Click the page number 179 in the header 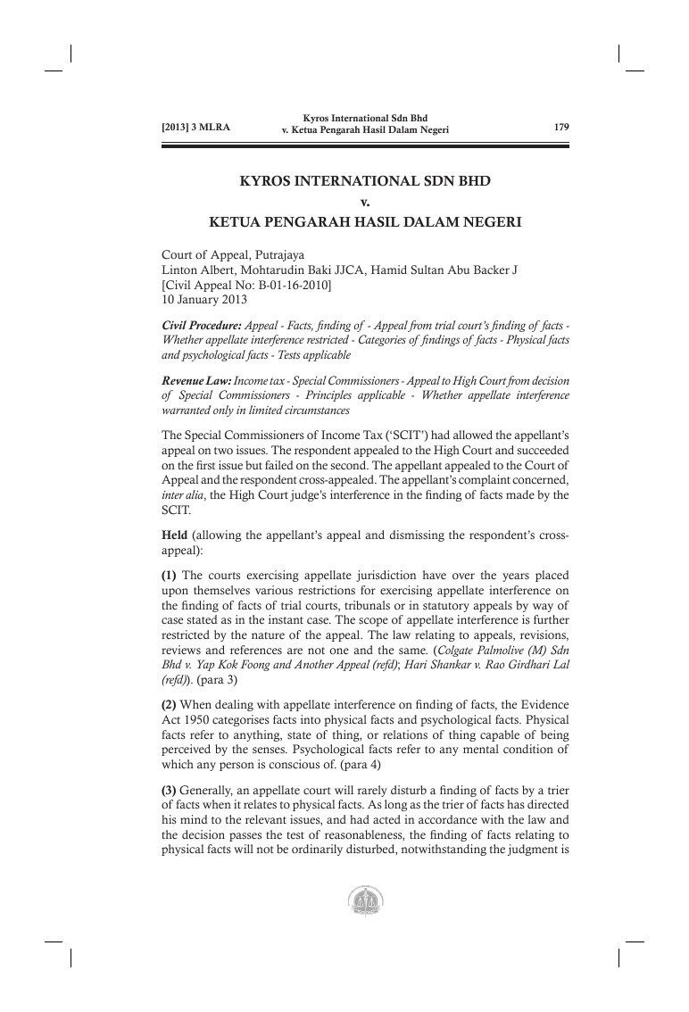tap(561, 128)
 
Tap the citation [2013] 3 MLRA tap(195, 128)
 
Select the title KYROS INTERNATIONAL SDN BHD tap(366, 181)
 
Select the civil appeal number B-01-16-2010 tap(298, 284)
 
